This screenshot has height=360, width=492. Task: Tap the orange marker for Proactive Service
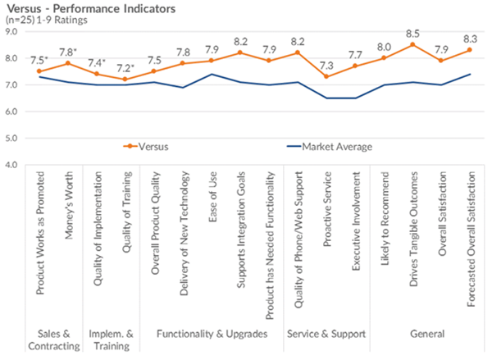(328, 76)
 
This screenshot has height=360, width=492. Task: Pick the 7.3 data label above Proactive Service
(328, 65)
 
